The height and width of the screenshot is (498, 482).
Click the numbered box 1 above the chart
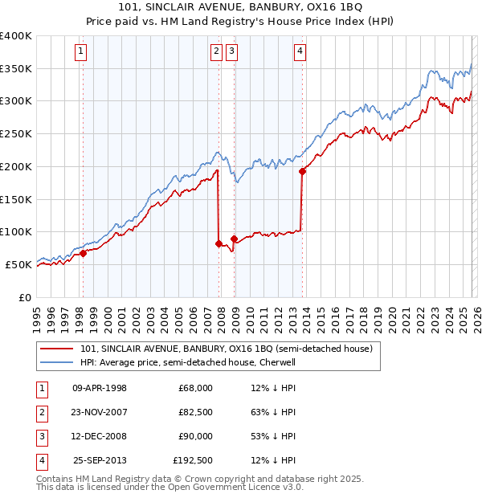pyautogui.click(x=82, y=52)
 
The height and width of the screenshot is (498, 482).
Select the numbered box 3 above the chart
pyautogui.click(x=232, y=52)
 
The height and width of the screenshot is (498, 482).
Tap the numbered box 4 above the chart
pyautogui.click(x=300, y=52)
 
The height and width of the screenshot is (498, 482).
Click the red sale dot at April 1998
pyautogui.click(x=83, y=253)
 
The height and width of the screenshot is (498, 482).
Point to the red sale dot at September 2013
pyautogui.click(x=302, y=171)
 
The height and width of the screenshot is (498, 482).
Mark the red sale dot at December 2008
pyautogui.click(x=234, y=239)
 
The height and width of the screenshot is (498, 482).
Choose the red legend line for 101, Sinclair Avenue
pyautogui.click(x=57, y=349)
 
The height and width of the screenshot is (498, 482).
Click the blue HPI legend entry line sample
pyautogui.click(x=57, y=363)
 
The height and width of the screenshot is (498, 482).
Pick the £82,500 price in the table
pyautogui.click(x=195, y=412)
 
